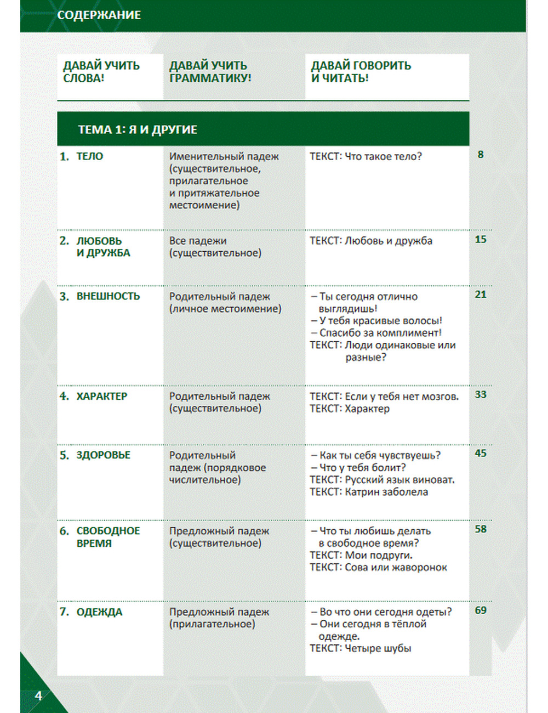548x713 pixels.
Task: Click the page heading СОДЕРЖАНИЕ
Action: (99, 15)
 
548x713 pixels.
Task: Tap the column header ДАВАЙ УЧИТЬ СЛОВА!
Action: (101, 72)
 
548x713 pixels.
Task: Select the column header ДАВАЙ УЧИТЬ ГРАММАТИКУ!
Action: (210, 72)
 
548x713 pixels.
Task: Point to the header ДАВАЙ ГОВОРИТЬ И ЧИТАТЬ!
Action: (361, 72)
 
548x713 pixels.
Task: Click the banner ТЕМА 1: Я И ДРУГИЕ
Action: (138, 130)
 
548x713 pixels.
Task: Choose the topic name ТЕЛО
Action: (90, 157)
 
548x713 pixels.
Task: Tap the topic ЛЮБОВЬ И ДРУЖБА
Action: (103, 247)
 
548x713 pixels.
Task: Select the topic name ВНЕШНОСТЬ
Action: (108, 296)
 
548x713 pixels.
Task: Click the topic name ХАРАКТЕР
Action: (101, 396)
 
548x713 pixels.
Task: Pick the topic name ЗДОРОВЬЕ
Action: (103, 455)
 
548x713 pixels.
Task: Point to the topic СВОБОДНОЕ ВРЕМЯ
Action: (107, 537)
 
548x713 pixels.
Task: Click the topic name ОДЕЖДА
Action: (99, 612)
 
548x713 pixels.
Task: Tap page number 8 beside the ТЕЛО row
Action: (481, 155)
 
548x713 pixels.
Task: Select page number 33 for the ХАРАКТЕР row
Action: (481, 394)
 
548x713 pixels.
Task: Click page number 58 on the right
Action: (481, 529)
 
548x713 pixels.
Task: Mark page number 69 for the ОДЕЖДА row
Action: (481, 610)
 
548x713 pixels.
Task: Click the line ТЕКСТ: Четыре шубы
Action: (360, 648)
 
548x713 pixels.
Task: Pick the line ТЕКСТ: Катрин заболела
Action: (368, 492)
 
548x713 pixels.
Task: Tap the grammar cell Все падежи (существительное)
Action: (215, 247)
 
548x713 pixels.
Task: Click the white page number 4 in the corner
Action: (38, 696)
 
